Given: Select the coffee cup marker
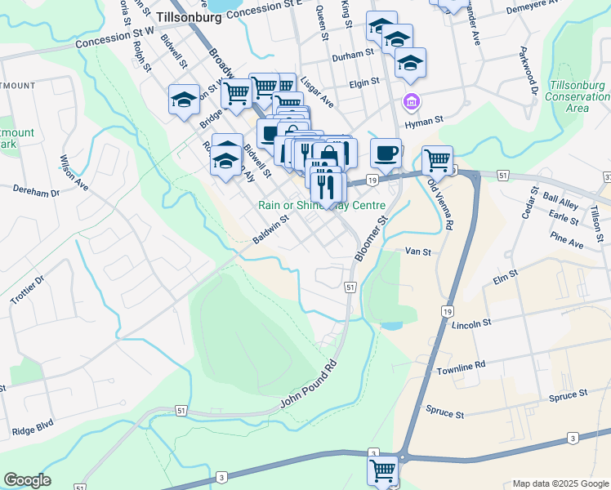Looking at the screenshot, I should pos(386,153).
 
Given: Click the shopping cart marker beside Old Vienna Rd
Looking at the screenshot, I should pos(438,159).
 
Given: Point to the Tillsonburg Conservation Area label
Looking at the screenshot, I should pos(578,96).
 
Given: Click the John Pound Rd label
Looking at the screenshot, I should pos(308,381).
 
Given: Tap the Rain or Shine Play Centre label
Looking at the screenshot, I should pos(321,205).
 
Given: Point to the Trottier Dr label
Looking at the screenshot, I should pos(26,290).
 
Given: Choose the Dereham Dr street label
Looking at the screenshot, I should pos(37,191).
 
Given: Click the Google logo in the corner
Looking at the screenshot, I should pos(27,480).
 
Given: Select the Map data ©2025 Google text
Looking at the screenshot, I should pos(559,483).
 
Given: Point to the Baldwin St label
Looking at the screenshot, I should pos(271,229).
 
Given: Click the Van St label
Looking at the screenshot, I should pos(417,252).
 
